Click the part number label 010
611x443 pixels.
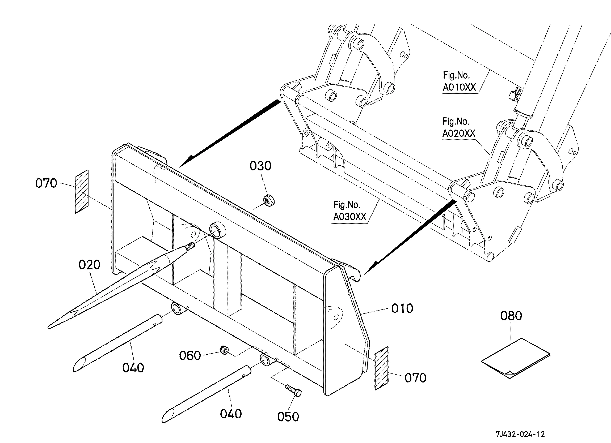[402, 308]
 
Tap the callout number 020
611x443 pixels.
[90, 265]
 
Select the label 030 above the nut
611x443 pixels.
[260, 166]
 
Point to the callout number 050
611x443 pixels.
[288, 417]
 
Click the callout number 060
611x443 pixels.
[190, 355]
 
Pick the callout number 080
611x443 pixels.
[511, 316]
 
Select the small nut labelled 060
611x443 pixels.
[224, 350]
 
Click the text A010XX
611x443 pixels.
[459, 88]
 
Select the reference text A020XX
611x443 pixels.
[459, 134]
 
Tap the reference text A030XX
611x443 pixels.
[350, 217]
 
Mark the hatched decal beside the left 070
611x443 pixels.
[82, 191]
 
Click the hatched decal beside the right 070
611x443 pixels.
[381, 368]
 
